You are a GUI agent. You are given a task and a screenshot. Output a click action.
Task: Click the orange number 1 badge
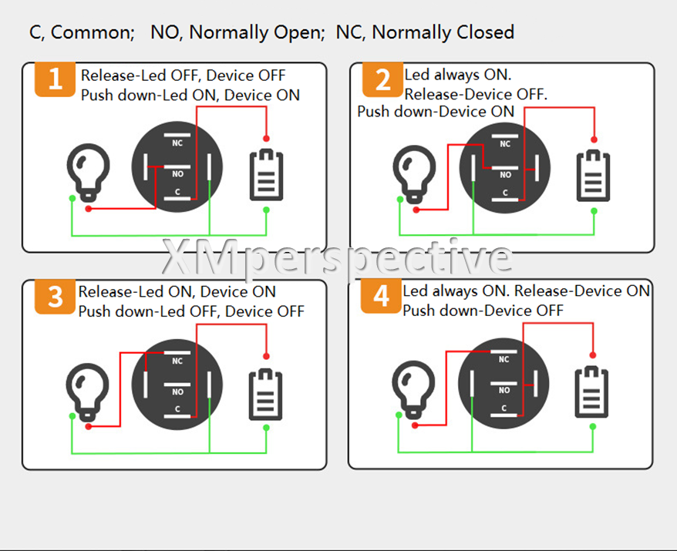(55, 79)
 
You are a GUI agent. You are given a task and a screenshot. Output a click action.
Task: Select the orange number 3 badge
(55, 297)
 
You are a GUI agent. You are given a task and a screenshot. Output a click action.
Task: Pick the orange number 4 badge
(382, 297)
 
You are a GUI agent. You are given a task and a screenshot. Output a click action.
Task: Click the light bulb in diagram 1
(89, 171)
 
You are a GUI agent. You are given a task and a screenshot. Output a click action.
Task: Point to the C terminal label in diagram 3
(177, 408)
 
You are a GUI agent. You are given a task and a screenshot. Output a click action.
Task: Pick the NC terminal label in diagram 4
(504, 359)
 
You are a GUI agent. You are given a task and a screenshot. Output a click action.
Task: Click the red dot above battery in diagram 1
(266, 139)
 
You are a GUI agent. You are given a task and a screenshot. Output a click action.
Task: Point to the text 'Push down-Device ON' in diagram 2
(435, 112)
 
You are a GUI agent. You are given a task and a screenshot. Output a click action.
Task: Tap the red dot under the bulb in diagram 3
(89, 425)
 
